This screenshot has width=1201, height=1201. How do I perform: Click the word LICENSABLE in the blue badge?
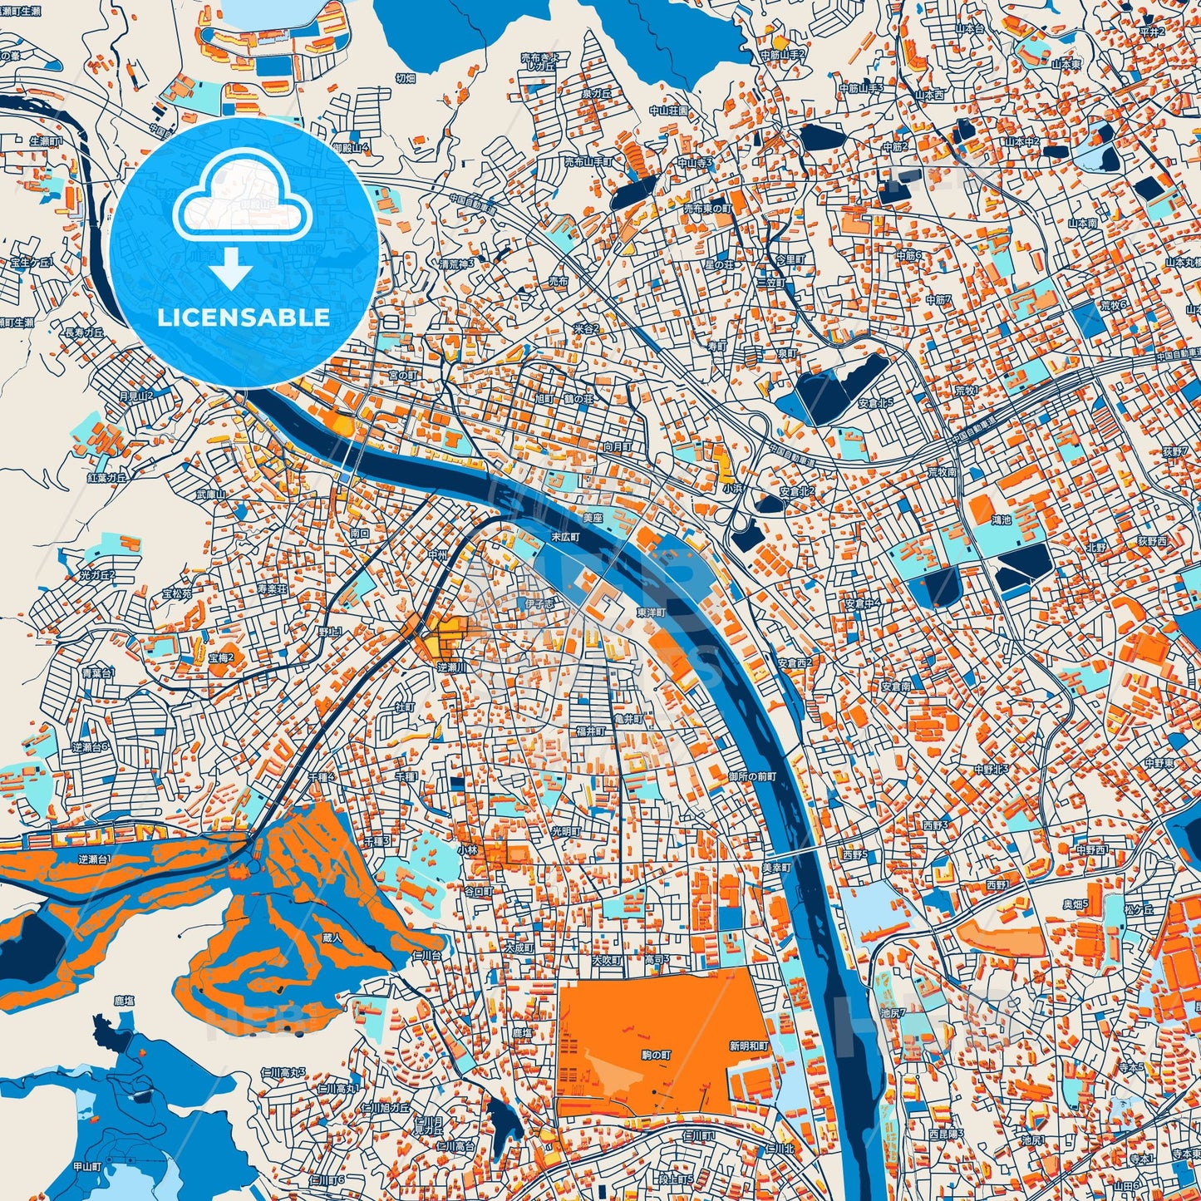[x=244, y=317]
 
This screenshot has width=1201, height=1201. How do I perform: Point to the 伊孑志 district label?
[x=537, y=603]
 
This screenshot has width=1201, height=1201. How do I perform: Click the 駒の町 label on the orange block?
[x=656, y=1054]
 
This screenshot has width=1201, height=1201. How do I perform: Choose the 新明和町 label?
[x=750, y=1046]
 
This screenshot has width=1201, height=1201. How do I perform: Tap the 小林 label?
[x=467, y=850]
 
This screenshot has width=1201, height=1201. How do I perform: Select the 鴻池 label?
[x=1001, y=520]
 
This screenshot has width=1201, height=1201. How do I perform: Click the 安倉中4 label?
[x=863, y=603]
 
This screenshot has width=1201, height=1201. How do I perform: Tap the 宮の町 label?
[x=403, y=376]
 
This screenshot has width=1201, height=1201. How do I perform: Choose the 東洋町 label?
[x=652, y=613]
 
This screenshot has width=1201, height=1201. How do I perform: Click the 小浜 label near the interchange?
[x=732, y=489]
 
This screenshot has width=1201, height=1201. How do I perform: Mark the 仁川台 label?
[x=430, y=957]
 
